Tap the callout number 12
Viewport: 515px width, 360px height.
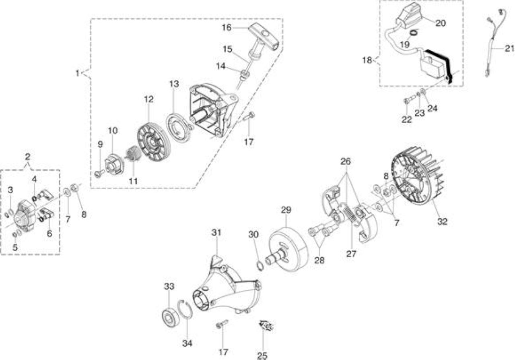pos(148,99)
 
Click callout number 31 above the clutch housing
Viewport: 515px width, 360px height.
pos(216,232)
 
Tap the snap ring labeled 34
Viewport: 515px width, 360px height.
pos(185,310)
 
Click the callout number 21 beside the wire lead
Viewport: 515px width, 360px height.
pos(509,48)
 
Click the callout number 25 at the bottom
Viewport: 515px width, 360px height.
pos(262,356)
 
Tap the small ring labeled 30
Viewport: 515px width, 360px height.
pos(260,266)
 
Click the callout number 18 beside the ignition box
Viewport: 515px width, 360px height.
pos(367,60)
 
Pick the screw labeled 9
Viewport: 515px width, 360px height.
pos(99,173)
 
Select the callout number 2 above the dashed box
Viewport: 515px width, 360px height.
pos(28,157)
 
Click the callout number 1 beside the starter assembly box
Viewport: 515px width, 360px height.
pos(77,73)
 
